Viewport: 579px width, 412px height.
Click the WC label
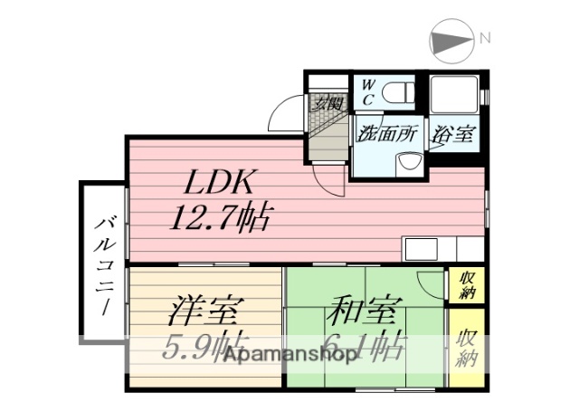coord(369,91)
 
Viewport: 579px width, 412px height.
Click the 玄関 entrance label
coord(327,102)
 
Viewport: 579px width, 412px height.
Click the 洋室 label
coord(205,311)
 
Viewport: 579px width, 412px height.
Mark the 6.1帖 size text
coord(367,346)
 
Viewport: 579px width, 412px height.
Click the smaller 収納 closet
coord(468,285)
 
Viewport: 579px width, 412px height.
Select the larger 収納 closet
coord(468,349)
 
